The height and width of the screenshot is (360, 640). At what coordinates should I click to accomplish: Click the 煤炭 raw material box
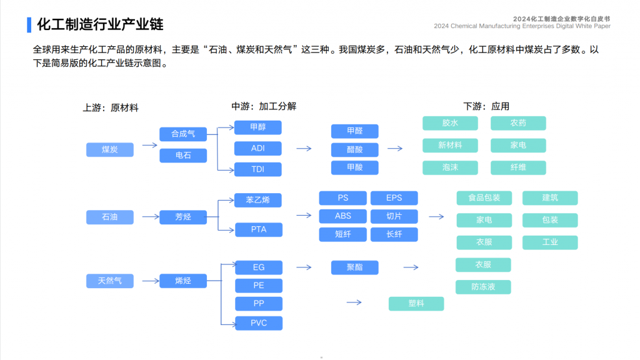[x=110, y=149]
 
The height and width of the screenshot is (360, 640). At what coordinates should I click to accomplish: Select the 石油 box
[x=110, y=217]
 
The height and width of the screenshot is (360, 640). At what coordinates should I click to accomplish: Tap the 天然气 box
[x=110, y=281]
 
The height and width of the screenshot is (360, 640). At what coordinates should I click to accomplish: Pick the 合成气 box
[x=183, y=134]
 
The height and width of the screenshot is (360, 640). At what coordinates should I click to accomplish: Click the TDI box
[x=258, y=169]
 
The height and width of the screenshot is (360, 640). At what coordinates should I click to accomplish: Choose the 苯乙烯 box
[x=258, y=200]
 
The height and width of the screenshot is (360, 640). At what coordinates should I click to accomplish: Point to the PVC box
[x=259, y=323]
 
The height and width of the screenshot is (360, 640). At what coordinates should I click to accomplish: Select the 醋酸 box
[x=355, y=149]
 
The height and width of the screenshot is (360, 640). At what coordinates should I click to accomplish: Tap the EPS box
[x=394, y=198]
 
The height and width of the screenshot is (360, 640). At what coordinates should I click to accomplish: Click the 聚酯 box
[x=355, y=267]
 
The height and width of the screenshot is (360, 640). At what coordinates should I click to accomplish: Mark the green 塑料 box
[x=416, y=304]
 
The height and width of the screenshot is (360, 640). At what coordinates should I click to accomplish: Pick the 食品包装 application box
[x=484, y=198]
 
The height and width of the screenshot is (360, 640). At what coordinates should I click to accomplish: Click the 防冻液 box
[x=483, y=287]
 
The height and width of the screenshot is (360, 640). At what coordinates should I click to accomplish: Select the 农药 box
[x=518, y=123]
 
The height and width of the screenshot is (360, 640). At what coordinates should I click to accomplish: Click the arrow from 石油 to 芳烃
[x=151, y=217]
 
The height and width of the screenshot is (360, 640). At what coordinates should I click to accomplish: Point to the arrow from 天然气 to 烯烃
[x=151, y=281]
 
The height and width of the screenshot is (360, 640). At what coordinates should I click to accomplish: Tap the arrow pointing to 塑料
[x=354, y=302]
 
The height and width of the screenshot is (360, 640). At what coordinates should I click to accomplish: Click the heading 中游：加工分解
[x=264, y=106]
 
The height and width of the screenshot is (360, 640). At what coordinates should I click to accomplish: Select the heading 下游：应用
[x=486, y=106]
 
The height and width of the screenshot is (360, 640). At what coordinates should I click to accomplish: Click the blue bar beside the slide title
[x=29, y=24]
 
